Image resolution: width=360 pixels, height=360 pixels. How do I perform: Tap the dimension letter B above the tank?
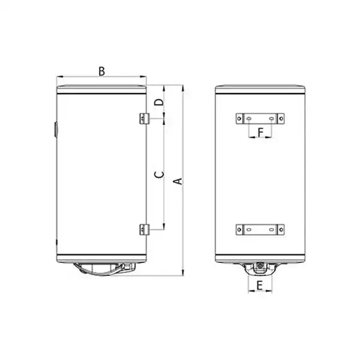coord(102,71)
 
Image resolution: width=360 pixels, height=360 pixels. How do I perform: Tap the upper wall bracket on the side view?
coord(144,118)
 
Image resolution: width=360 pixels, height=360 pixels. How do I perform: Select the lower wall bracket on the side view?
coord(144,229)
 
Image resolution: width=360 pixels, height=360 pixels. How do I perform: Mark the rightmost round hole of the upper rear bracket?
coord(280,119)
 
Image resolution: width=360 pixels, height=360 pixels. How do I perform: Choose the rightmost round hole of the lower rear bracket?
coord(280,229)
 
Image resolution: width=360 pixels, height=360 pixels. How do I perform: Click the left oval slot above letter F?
coord(250,119)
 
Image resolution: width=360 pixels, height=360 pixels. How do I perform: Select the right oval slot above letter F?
coord(271,119)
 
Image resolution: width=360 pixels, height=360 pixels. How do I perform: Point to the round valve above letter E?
coord(260,266)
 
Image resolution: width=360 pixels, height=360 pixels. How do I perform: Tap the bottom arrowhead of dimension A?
coord(182,273)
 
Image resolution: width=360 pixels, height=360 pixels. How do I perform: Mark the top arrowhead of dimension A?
coord(182,88)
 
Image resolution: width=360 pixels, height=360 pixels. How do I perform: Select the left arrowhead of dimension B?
coord(59,77)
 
